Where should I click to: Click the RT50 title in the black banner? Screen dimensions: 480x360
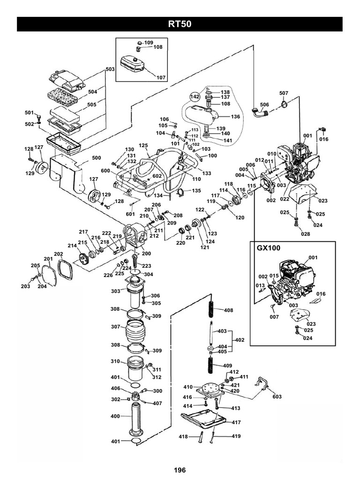180,24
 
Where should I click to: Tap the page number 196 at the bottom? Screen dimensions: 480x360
180,470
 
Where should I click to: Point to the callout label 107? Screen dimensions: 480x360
161,77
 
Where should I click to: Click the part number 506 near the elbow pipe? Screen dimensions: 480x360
264,104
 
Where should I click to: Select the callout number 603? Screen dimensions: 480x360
277,397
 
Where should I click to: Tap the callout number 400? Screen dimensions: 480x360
115,416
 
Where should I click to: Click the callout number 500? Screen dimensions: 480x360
97,157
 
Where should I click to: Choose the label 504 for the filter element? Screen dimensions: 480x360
92,92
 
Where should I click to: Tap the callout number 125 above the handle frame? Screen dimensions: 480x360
143,145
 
